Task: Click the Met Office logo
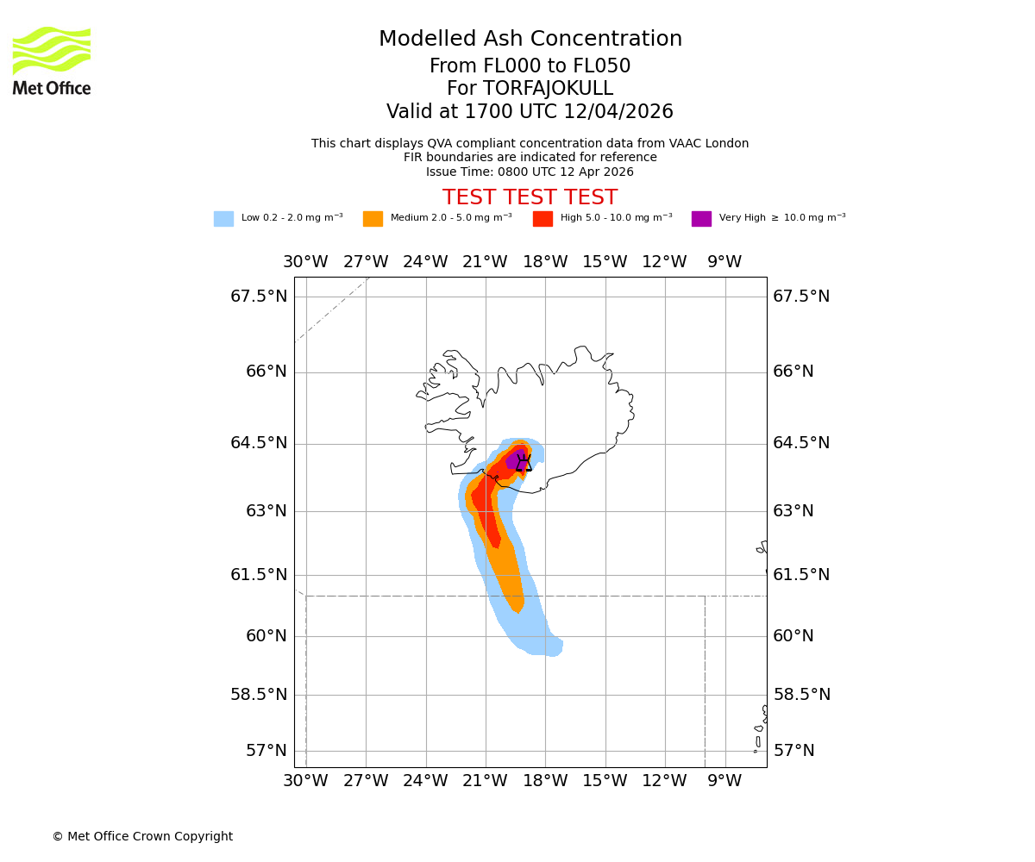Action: click(52, 60)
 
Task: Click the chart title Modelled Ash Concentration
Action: click(530, 40)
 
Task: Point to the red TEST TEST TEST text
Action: click(530, 197)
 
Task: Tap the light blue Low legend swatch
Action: click(223, 219)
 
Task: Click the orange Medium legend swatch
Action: click(373, 219)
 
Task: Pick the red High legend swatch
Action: click(543, 219)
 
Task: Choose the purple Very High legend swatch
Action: click(701, 219)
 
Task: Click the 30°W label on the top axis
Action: click(305, 262)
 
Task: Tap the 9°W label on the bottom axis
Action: click(724, 781)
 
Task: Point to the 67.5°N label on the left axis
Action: click(259, 297)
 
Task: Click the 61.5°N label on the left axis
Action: click(259, 575)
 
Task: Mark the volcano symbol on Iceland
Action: click(524, 463)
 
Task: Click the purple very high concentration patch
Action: click(514, 459)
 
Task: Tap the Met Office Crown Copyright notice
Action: click(142, 837)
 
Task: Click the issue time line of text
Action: click(530, 172)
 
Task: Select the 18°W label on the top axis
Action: click(545, 262)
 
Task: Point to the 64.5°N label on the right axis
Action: click(801, 443)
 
